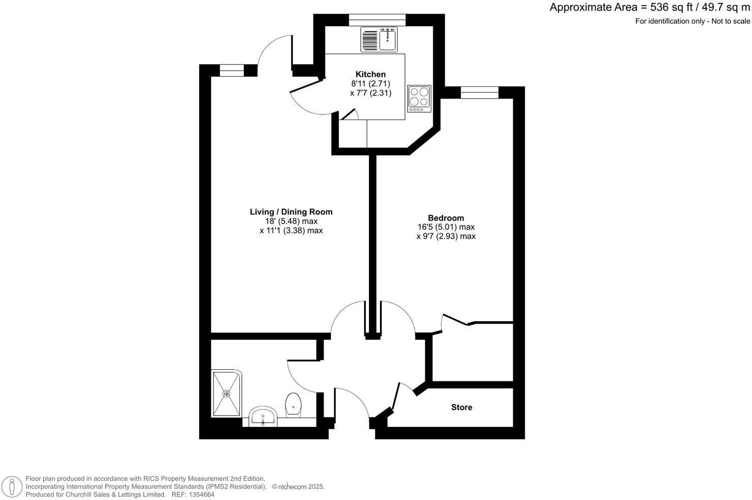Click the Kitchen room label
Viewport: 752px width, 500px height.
coord(370,74)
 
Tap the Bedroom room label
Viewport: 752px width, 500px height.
coord(446,218)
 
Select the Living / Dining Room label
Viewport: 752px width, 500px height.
coord(291,212)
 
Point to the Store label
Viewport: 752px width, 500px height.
coord(461,407)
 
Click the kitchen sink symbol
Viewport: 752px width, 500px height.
coord(388,39)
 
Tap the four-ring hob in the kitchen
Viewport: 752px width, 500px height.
coord(419,98)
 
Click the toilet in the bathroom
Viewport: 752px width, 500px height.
coord(293,404)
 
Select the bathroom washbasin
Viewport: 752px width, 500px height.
coord(263,417)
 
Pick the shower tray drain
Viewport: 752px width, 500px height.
coord(227,393)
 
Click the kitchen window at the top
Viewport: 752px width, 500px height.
coord(377,20)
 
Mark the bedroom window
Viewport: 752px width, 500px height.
coord(479,92)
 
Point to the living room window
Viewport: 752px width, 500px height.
coord(232,71)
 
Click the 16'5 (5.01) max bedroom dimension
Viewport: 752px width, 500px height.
coord(446,227)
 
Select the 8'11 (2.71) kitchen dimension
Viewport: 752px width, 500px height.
coord(370,84)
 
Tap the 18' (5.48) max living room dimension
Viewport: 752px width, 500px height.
coord(291,221)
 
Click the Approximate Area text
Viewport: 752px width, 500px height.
coord(649,8)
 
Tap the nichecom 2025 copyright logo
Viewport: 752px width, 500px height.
coord(298,487)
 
